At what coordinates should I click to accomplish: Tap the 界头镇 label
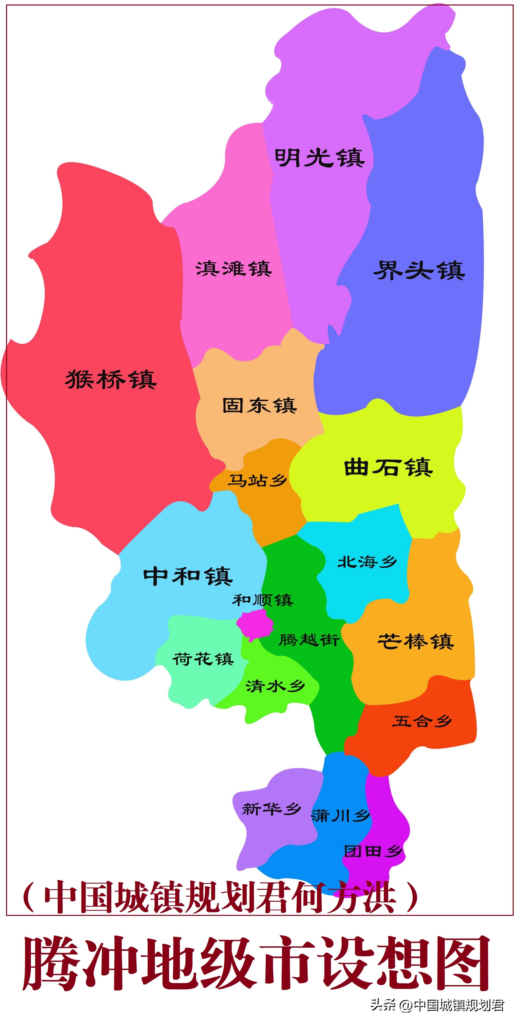(x=419, y=270)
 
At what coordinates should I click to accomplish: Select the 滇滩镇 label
(x=233, y=269)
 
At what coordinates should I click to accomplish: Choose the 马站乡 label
(x=257, y=481)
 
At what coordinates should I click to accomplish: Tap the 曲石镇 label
(x=388, y=468)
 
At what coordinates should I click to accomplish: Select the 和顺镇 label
(x=263, y=600)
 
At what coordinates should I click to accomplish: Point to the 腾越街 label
(x=309, y=640)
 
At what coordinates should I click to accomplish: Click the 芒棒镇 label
(x=415, y=641)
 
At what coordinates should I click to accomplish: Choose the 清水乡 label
(x=275, y=686)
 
